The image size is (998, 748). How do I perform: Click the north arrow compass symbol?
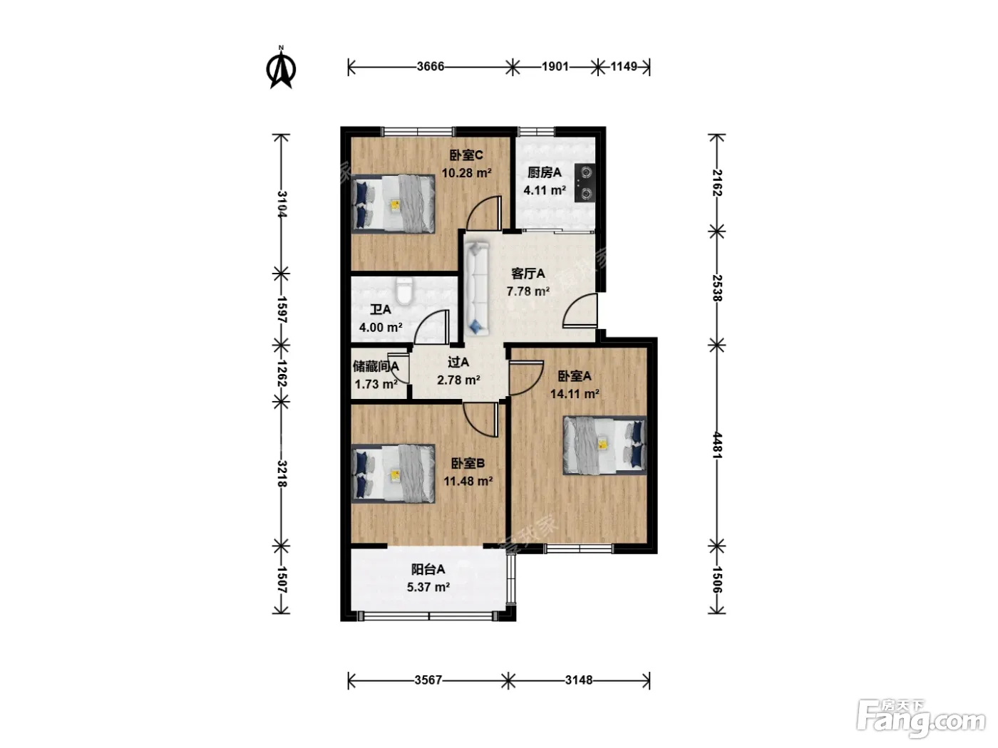(x=281, y=68)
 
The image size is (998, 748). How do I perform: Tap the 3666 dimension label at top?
(x=430, y=67)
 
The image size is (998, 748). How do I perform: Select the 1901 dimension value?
(x=555, y=67)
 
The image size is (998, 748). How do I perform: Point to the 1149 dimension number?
(x=623, y=67)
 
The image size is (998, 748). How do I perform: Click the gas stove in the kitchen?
(x=585, y=182)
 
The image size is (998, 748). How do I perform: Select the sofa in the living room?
(x=476, y=289)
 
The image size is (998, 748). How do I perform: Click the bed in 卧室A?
(x=605, y=445)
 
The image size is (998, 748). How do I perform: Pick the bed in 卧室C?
(x=393, y=204)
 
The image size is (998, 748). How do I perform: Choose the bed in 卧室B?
(x=393, y=474)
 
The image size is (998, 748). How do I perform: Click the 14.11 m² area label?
(x=575, y=394)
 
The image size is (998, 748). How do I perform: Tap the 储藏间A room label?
(x=376, y=366)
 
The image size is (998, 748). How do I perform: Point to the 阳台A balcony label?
(x=428, y=569)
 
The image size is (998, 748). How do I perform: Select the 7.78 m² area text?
(x=528, y=291)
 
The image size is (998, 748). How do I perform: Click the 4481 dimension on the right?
(x=716, y=445)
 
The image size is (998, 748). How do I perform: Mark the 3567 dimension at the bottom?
(x=428, y=680)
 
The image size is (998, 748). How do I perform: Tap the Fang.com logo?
(x=921, y=719)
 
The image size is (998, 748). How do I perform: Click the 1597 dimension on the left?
(x=282, y=310)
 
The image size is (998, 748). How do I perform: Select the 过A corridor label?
(x=458, y=362)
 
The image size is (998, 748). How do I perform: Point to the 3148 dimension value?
(x=579, y=680)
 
